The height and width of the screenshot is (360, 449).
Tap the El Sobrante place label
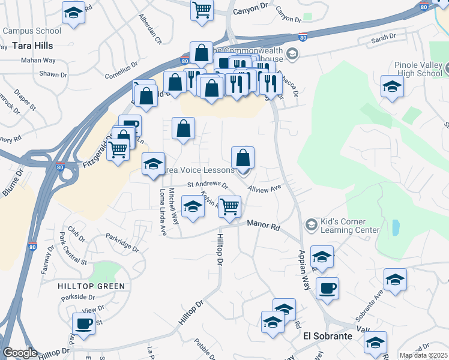(x=327, y=336)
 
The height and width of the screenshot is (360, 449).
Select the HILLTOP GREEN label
(x=91, y=286)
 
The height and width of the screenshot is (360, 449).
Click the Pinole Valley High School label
(x=419, y=69)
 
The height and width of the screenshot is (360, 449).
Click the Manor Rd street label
(x=264, y=226)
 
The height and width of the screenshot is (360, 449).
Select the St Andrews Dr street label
(x=208, y=185)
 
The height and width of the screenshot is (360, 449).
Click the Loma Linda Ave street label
(x=163, y=211)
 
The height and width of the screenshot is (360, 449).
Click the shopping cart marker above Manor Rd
(x=229, y=206)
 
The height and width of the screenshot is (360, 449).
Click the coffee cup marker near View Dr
(x=83, y=324)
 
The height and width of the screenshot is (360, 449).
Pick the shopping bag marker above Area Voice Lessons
(x=243, y=158)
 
